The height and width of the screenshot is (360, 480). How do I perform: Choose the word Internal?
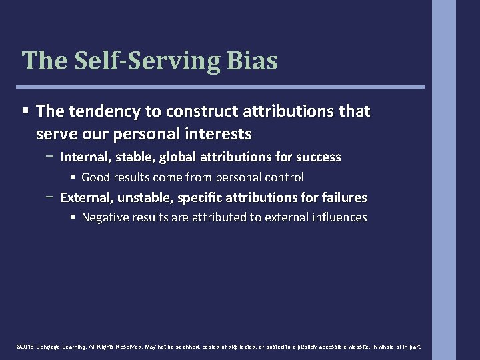(81, 157)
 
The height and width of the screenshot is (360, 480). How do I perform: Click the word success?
(318, 157)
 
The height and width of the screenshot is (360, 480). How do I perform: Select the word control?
(284, 177)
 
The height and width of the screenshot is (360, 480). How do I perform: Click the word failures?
(343, 197)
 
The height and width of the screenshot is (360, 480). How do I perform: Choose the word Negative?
(105, 217)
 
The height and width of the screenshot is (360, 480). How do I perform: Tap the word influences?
(338, 217)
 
